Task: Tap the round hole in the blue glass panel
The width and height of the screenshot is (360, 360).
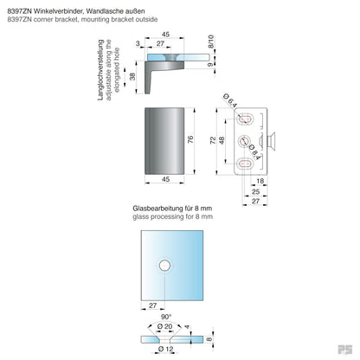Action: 164,266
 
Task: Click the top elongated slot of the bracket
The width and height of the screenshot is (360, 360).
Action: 247,116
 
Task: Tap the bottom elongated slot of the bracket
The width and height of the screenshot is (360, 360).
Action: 247,162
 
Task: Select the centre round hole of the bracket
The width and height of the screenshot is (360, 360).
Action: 247,139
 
